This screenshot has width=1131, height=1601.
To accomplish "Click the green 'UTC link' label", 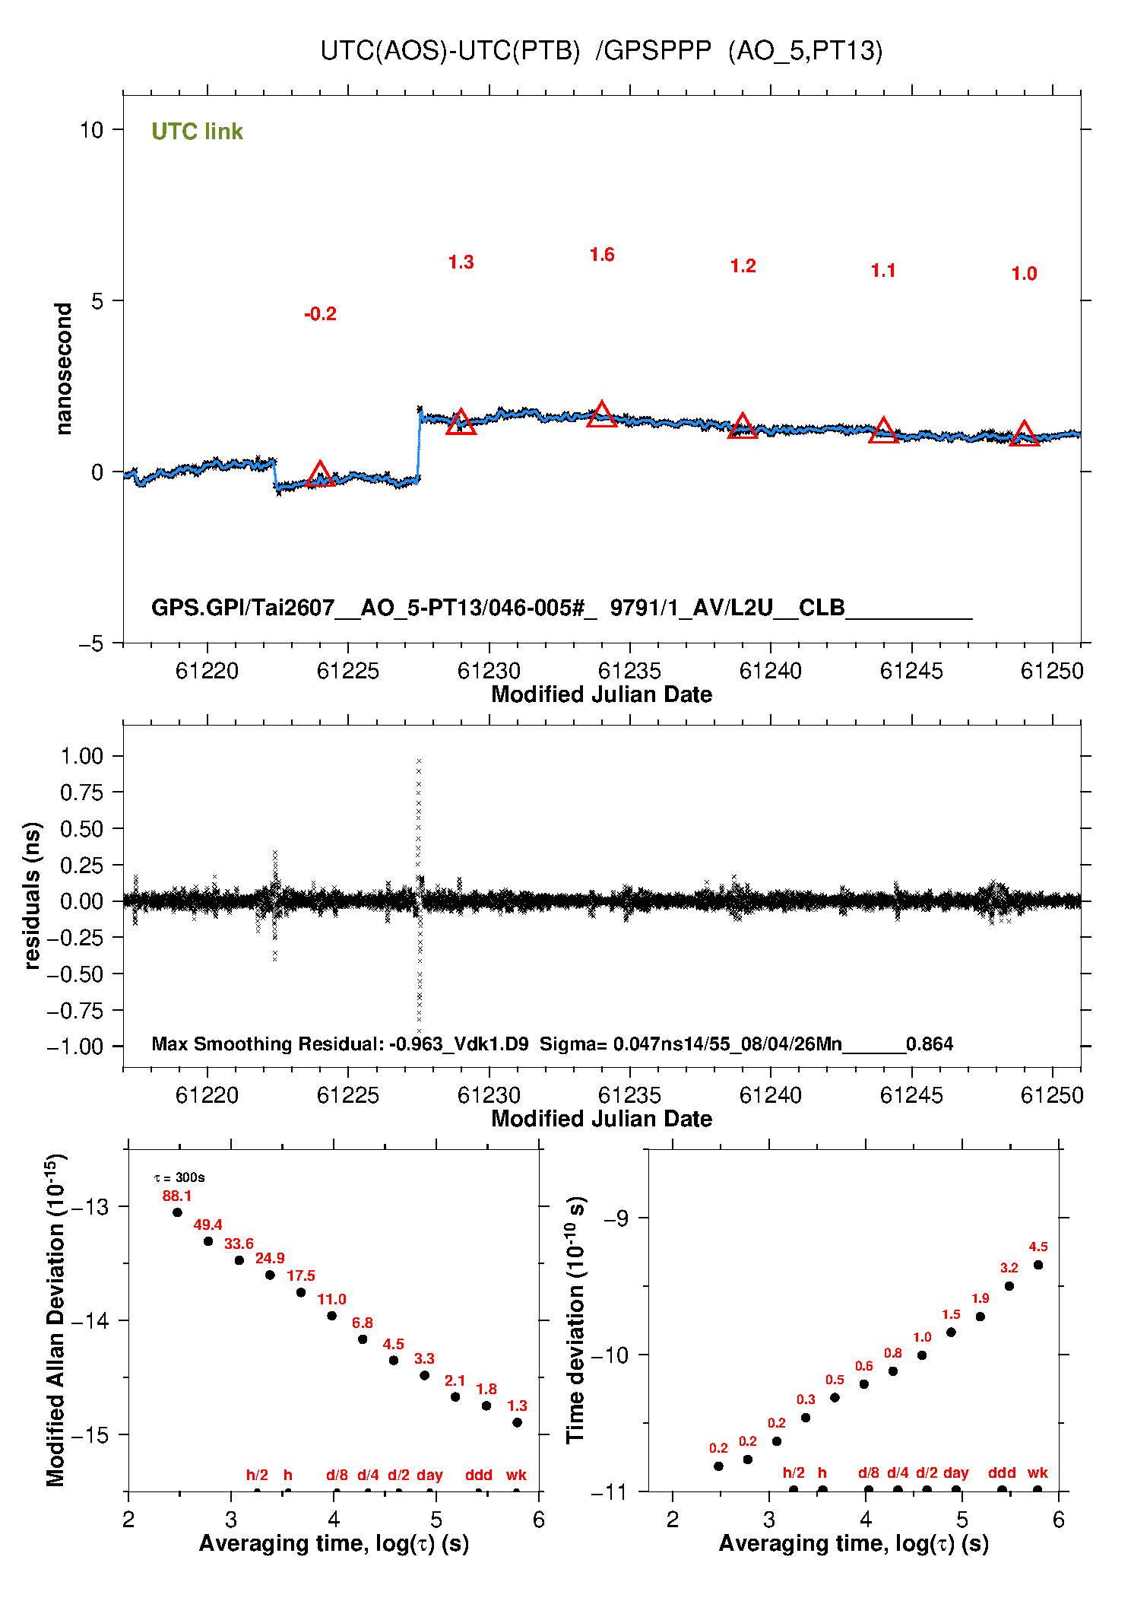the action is coord(197,132).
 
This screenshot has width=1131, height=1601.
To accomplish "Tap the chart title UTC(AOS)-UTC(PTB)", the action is coord(450,51).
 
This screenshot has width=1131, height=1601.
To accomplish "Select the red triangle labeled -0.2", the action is coord(320,473).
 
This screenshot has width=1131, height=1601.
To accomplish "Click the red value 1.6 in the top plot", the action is coord(602,255).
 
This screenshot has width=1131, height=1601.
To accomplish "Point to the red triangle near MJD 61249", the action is coord(1024,434).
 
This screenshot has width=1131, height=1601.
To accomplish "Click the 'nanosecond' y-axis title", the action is coord(63,369).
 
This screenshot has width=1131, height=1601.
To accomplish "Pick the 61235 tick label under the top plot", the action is coord(629,671).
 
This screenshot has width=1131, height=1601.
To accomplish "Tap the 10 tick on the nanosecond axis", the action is coord(91,130).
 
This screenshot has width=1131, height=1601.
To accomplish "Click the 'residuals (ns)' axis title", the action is coord(31,895).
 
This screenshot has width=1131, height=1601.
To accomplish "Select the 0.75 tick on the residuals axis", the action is coord(81,793).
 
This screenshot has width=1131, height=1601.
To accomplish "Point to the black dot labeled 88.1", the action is coord(177,1212).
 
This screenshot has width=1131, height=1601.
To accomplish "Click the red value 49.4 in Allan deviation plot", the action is coord(208,1225).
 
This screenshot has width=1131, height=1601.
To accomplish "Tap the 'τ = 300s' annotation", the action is coord(179,1177).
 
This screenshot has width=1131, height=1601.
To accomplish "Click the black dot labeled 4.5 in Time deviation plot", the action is coord(1038,1265).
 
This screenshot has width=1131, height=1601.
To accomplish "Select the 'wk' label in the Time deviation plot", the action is coord(1038,1472).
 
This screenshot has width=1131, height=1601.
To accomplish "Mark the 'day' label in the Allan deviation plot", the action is coord(429,1475).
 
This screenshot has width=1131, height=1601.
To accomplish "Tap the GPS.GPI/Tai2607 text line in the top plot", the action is coord(562,608).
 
